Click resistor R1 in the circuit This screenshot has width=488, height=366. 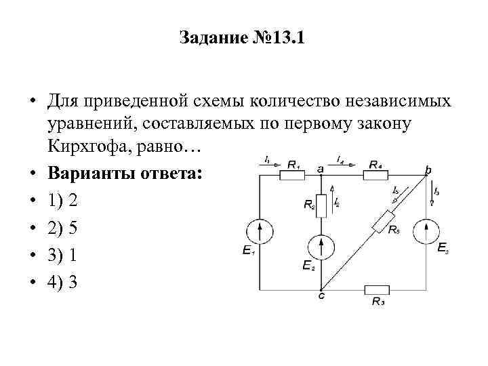click(293, 175)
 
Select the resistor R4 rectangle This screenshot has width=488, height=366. click(375, 175)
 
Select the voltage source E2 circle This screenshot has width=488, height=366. click(323, 244)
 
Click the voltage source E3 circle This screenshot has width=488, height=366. click(427, 231)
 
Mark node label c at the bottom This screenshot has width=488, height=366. click(322, 296)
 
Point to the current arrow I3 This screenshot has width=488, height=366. click(434, 191)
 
